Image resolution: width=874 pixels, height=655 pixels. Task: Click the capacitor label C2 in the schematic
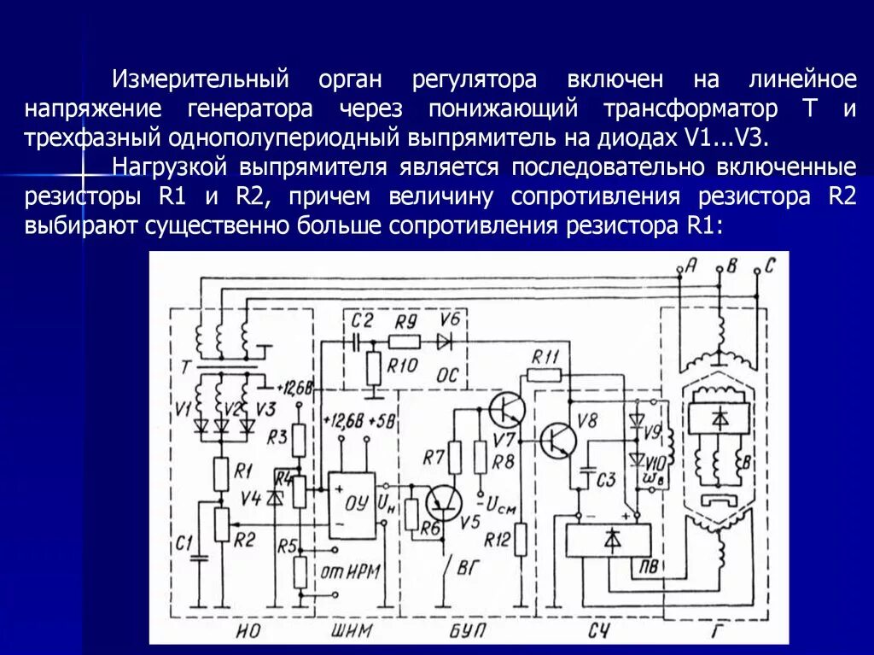(363, 321)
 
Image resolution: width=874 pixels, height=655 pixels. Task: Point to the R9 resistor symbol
(404, 342)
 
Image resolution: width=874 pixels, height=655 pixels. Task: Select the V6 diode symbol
(444, 342)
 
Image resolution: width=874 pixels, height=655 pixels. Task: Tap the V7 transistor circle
(507, 411)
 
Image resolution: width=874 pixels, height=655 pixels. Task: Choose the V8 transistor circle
(558, 441)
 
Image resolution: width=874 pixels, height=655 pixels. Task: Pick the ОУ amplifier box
(352, 504)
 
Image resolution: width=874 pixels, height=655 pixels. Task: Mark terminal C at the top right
(757, 272)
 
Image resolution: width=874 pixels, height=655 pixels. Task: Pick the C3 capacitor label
(604, 480)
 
